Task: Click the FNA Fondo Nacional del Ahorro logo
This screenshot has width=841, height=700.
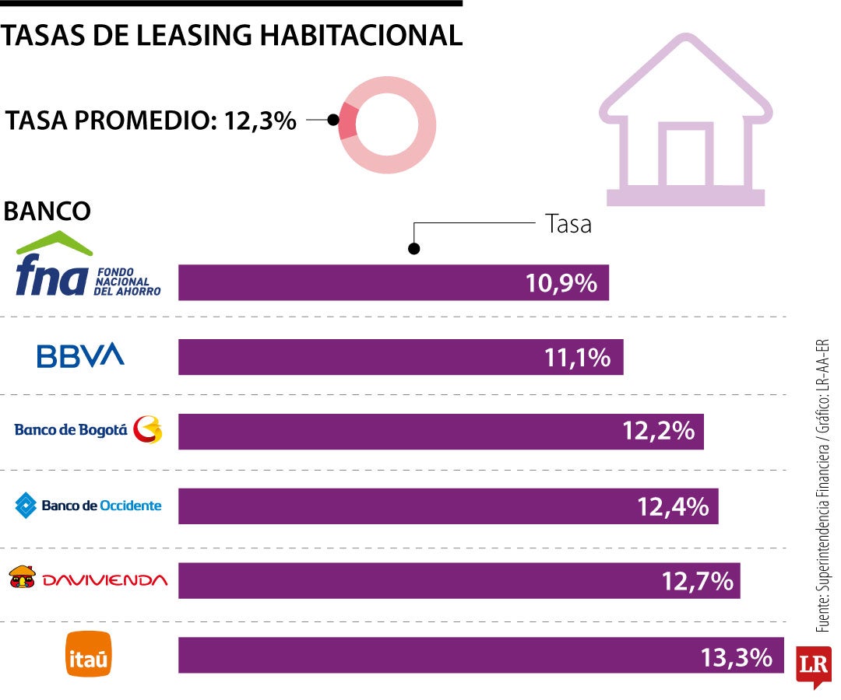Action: click(88, 267)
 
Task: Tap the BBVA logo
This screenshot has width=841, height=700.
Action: click(80, 356)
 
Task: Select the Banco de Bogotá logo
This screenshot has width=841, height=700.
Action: click(89, 429)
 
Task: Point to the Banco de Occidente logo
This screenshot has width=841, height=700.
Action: click(89, 506)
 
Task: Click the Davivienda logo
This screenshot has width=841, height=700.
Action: click(88, 579)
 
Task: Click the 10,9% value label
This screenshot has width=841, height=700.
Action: click(561, 283)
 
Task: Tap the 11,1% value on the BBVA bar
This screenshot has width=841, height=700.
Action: click(577, 357)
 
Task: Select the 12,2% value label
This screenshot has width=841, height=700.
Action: click(658, 431)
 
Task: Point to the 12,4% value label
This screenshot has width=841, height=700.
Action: click(673, 506)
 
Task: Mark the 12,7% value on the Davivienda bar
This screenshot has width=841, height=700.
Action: click(697, 580)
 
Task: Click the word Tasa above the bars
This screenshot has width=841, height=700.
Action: click(568, 225)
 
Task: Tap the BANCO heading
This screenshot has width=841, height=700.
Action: click(48, 211)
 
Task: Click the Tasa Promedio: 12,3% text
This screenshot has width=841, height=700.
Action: click(151, 121)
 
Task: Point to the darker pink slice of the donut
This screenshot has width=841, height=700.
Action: click(348, 121)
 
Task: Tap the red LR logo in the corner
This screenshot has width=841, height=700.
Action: click(813, 665)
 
